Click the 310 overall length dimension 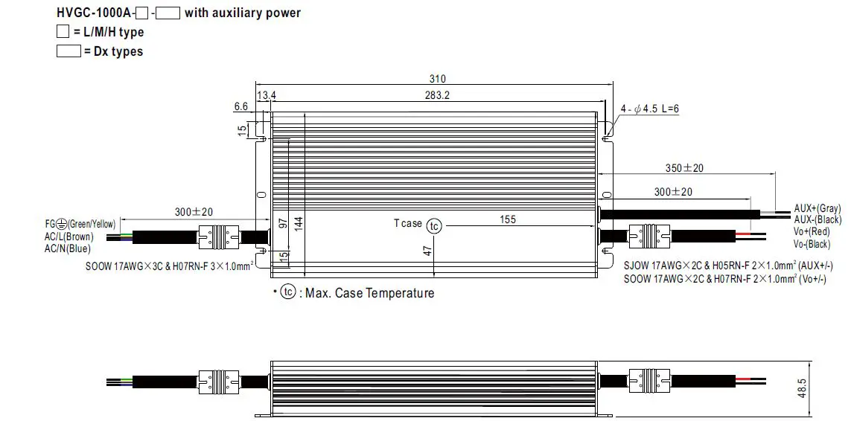click(x=438, y=79)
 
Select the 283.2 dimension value click(x=438, y=95)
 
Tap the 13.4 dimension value click(x=266, y=95)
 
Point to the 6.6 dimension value click(x=240, y=106)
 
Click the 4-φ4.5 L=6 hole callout click(x=649, y=109)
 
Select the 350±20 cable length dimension click(x=683, y=168)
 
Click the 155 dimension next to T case click(x=508, y=219)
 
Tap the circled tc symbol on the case click(x=434, y=226)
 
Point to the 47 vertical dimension click(x=428, y=251)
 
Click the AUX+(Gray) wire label click(x=818, y=209)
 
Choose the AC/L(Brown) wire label click(x=68, y=237)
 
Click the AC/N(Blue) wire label click(x=67, y=249)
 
